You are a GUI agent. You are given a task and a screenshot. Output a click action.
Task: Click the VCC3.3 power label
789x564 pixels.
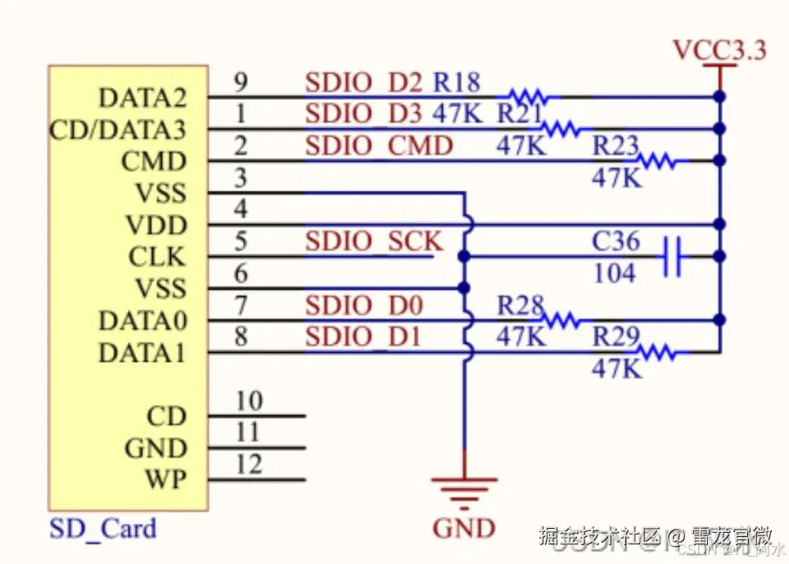click(719, 50)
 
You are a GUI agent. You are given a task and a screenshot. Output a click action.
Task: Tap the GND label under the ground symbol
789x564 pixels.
click(464, 528)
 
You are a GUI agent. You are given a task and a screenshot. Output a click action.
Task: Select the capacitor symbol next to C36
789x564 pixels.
click(674, 256)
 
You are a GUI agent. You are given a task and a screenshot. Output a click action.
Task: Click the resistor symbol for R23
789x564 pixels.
click(658, 161)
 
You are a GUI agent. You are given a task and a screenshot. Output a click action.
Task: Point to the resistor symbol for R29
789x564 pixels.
click(656, 353)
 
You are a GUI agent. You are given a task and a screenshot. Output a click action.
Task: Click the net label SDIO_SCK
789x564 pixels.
click(374, 241)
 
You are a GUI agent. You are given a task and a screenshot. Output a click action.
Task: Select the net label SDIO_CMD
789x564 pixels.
click(379, 147)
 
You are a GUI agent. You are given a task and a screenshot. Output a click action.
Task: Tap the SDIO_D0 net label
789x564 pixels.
click(364, 306)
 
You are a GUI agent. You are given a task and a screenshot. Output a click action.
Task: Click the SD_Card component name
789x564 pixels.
click(102, 528)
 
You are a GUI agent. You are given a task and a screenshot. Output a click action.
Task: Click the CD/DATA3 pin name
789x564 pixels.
click(118, 130)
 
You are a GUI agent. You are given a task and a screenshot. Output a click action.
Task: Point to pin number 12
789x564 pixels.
click(249, 464)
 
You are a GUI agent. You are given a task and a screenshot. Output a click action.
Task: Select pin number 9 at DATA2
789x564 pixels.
click(241, 82)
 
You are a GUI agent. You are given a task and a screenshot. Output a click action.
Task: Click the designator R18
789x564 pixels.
click(456, 83)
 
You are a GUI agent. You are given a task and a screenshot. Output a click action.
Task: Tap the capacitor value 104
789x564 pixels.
click(614, 273)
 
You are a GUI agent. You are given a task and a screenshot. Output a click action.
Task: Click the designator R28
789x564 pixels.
click(521, 305)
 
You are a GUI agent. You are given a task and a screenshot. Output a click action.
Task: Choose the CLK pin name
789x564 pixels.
click(157, 257)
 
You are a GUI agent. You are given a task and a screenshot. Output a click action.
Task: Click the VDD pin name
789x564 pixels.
click(156, 225)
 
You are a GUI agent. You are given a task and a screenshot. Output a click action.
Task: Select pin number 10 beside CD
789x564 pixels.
click(249, 401)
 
